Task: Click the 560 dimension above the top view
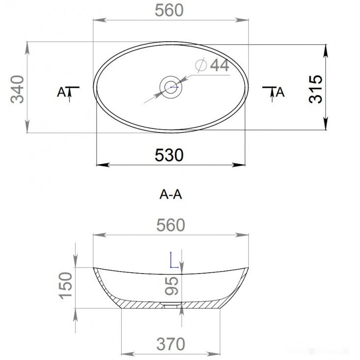169,10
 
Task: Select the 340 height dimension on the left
18,89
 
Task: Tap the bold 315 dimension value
315,89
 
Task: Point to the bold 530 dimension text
169,155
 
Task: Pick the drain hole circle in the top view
171,87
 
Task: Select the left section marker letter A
61,92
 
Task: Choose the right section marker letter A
281,92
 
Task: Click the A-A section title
171,195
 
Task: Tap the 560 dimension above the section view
171,225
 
